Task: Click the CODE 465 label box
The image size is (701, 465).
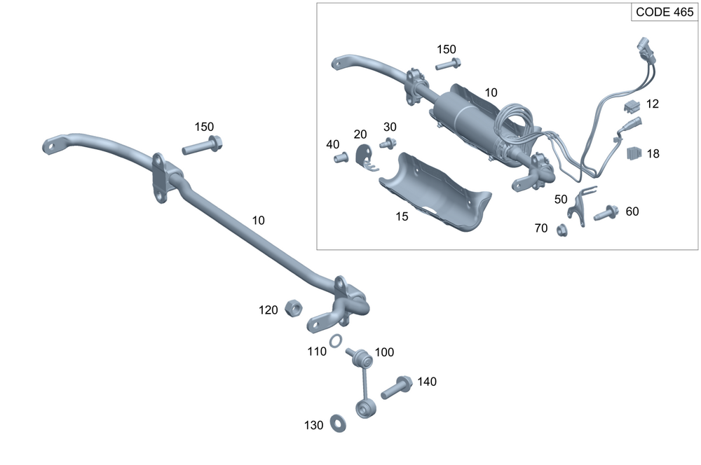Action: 664,13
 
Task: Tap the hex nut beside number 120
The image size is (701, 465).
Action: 294,308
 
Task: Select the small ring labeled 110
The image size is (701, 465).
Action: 336,341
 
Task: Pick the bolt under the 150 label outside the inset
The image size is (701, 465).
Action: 202,146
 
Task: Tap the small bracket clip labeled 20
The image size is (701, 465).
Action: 364,158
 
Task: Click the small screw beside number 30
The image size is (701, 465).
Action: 386,144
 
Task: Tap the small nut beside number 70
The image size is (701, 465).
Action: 561,229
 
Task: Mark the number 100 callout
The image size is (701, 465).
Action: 385,352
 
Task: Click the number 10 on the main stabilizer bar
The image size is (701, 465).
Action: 258,220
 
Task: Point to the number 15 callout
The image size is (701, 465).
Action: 402,217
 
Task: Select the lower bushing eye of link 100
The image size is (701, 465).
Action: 365,408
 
